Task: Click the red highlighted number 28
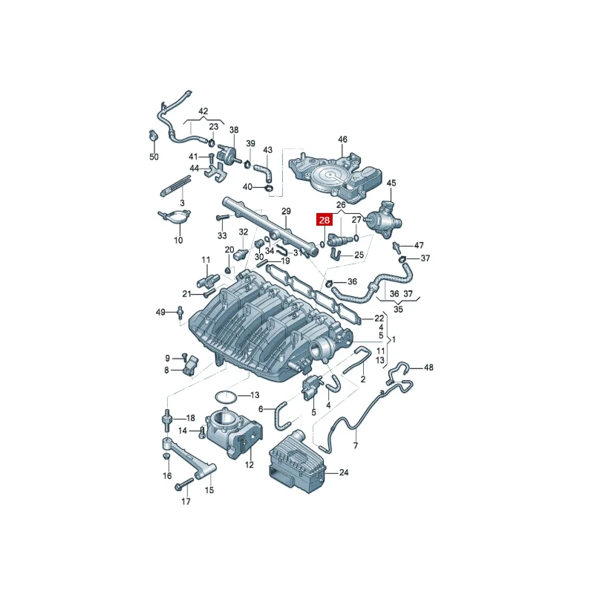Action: click(324, 220)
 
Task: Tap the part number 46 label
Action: click(342, 140)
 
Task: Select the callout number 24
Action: click(343, 472)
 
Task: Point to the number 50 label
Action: click(154, 157)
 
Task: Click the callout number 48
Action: click(428, 368)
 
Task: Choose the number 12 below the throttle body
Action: click(249, 465)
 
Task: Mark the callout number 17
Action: click(186, 502)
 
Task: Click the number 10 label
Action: click(178, 241)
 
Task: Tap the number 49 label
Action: click(160, 312)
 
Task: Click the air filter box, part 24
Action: click(297, 460)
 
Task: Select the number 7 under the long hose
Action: click(355, 446)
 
